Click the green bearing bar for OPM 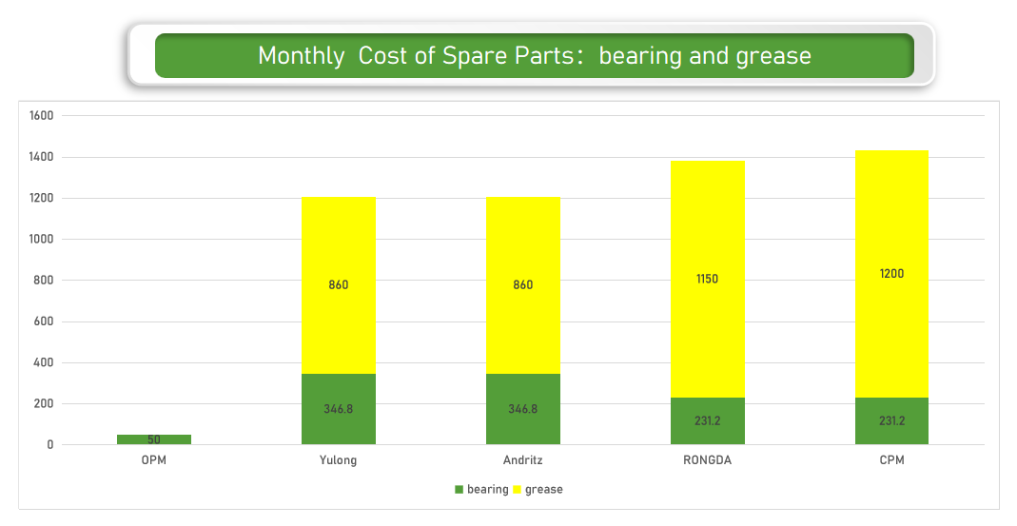tap(154, 439)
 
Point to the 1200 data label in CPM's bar tap(891, 274)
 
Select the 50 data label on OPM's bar tap(154, 439)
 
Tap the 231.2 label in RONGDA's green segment tap(708, 420)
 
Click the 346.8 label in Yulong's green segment tap(339, 409)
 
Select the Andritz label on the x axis tap(523, 460)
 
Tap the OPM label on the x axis tap(154, 460)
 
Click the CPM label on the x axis tap(891, 460)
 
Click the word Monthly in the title tap(302, 55)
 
